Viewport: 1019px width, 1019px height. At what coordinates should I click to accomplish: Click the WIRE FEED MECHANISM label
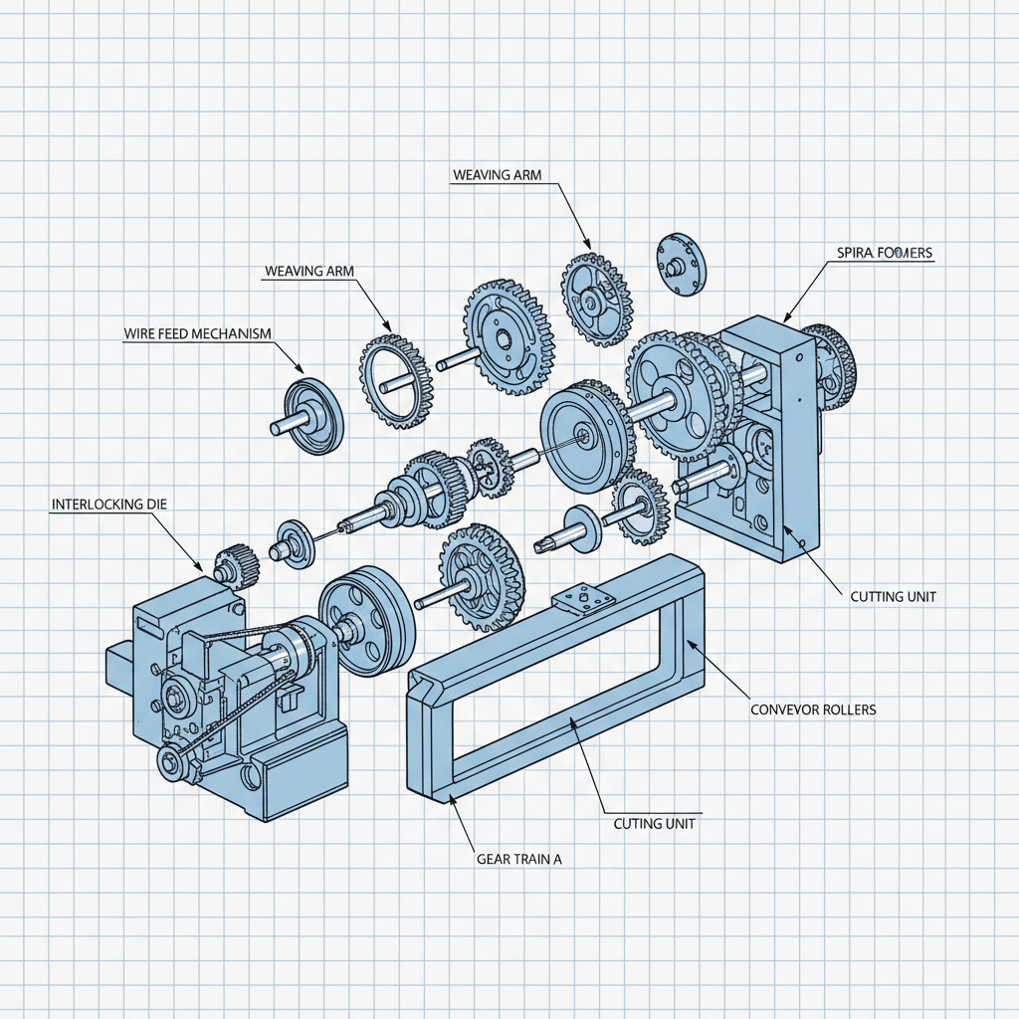pyautogui.click(x=197, y=333)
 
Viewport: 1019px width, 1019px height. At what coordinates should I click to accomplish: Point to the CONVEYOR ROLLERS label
pyautogui.click(x=812, y=711)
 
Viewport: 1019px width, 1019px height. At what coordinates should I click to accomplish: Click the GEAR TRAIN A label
pyautogui.click(x=519, y=858)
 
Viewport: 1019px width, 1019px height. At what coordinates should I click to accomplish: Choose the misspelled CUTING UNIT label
pyautogui.click(x=654, y=824)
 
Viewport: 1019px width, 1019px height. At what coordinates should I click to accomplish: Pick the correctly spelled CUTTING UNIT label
pyautogui.click(x=893, y=597)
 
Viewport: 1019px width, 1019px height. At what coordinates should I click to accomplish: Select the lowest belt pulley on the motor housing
pyautogui.click(x=172, y=767)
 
